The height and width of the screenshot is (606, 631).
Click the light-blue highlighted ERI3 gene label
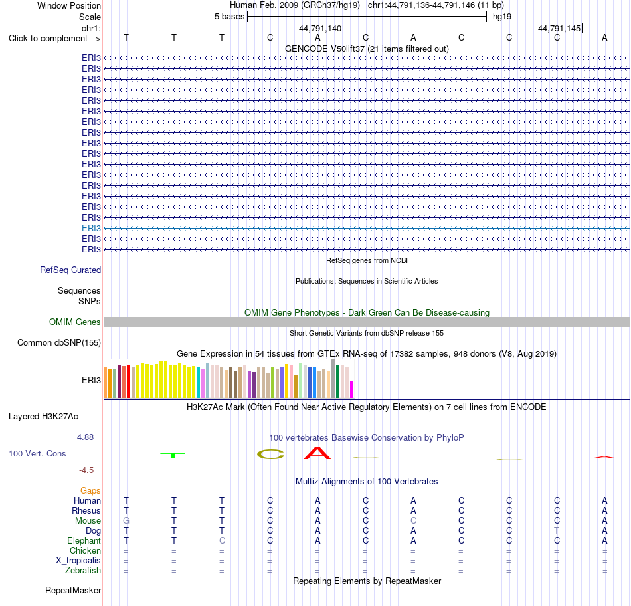click(91, 229)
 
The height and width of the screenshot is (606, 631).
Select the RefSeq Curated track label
click(70, 270)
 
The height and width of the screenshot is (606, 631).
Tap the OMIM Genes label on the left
click(75, 322)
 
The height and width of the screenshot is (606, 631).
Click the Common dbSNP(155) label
click(59, 343)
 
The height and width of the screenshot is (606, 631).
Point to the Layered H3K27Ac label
click(43, 417)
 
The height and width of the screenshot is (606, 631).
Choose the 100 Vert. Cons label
click(37, 453)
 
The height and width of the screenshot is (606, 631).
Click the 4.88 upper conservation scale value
click(85, 437)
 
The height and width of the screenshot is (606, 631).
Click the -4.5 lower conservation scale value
click(86, 470)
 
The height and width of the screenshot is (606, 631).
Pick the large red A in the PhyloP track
click(317, 453)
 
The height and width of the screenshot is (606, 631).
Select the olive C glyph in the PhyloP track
click(270, 454)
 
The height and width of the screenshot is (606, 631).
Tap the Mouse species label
click(88, 521)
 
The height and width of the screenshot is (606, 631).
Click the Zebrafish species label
click(83, 571)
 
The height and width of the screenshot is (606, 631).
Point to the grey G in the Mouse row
click(126, 521)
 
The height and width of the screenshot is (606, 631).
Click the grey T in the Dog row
click(557, 531)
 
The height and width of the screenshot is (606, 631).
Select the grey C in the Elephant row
click(222, 540)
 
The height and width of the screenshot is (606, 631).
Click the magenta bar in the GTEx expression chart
click(352, 390)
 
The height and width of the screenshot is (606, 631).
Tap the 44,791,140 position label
click(320, 28)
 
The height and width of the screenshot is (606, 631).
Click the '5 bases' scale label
click(229, 17)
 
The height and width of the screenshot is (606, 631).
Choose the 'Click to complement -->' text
click(54, 39)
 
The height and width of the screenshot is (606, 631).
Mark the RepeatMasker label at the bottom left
click(73, 590)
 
